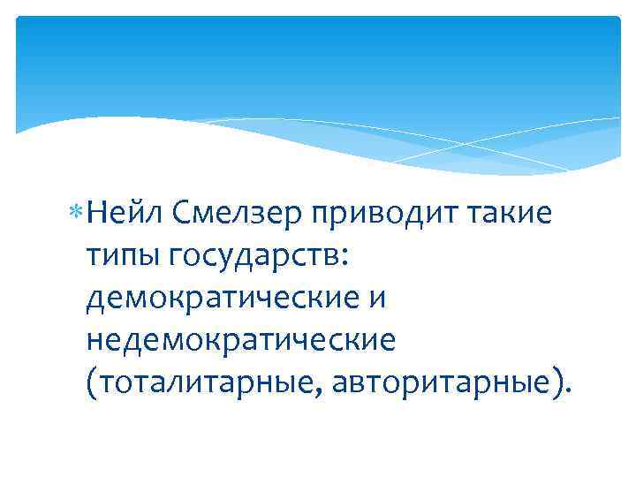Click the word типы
(120, 256)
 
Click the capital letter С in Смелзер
(183, 213)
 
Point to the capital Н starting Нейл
(97, 213)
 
